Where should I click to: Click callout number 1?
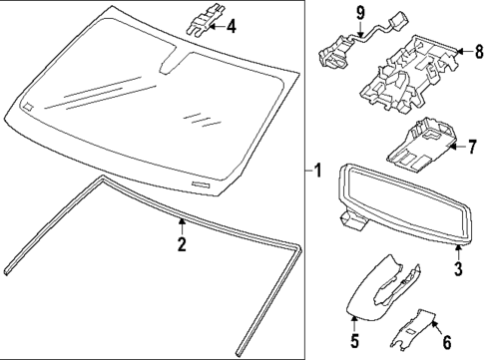[x=318, y=171]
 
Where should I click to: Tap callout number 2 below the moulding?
[x=182, y=244]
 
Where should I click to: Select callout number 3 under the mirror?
[x=458, y=268]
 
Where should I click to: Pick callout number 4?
[x=232, y=26]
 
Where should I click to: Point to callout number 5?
[x=355, y=341]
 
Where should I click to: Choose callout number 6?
[x=446, y=341]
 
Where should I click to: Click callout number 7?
[x=472, y=147]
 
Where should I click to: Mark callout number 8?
[x=479, y=52]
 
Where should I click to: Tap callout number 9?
[x=360, y=13]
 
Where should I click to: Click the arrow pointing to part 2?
[x=182, y=226]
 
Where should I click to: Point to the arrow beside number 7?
[x=457, y=147]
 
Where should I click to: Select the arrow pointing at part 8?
[x=464, y=52]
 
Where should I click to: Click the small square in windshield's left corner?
[x=28, y=106]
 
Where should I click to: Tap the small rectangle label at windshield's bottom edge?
[x=202, y=184]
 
